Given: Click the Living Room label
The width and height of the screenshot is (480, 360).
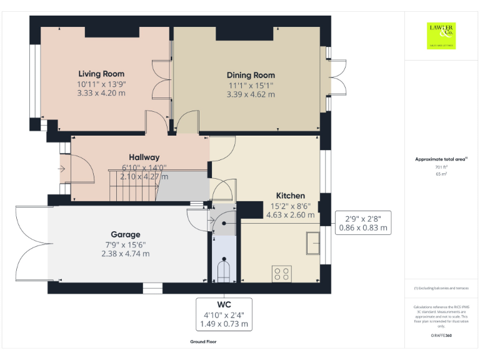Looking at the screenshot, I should point(101,74).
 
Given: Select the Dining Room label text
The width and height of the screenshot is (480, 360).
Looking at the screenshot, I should point(251,75).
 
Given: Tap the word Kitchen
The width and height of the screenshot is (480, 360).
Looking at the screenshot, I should point(291,196).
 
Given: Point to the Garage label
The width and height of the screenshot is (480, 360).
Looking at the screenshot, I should point(125,234).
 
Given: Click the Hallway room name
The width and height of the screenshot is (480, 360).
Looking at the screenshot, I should point(144,157).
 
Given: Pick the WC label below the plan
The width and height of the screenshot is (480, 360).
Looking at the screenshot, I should point(224,304).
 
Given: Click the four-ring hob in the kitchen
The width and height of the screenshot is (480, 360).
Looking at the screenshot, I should point(282,273).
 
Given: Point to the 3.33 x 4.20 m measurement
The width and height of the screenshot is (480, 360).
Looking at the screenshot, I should point(101,93).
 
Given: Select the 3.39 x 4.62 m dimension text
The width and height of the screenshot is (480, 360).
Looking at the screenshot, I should point(251,94).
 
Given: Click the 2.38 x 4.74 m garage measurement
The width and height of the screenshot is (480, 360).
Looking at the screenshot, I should point(125,254).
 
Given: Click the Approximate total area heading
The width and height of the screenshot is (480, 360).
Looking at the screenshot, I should point(441,160).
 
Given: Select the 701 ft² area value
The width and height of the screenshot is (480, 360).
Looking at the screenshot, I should point(441,167).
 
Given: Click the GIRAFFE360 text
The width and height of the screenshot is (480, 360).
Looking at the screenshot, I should point(441,336).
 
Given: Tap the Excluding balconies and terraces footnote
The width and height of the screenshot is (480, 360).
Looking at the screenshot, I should point(441,288).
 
